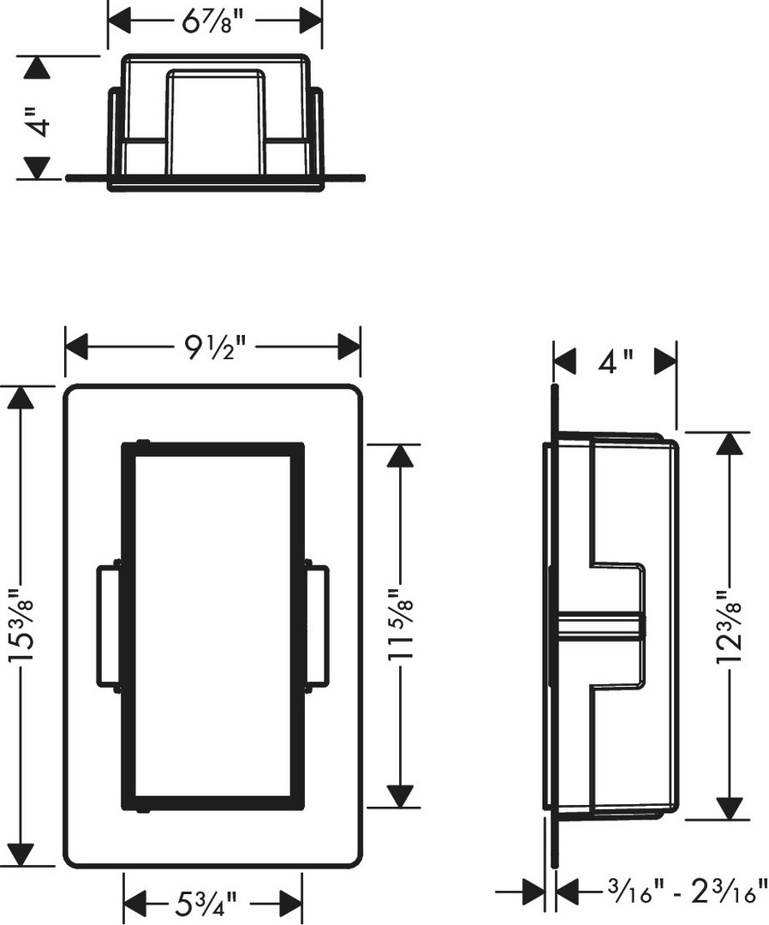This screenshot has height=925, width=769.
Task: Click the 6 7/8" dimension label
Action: (212, 22)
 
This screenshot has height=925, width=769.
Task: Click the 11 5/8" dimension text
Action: (401, 625)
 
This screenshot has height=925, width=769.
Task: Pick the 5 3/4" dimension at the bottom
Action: (206, 903)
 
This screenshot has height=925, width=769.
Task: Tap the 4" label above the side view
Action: (616, 361)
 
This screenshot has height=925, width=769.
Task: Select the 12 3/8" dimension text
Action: (729, 626)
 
